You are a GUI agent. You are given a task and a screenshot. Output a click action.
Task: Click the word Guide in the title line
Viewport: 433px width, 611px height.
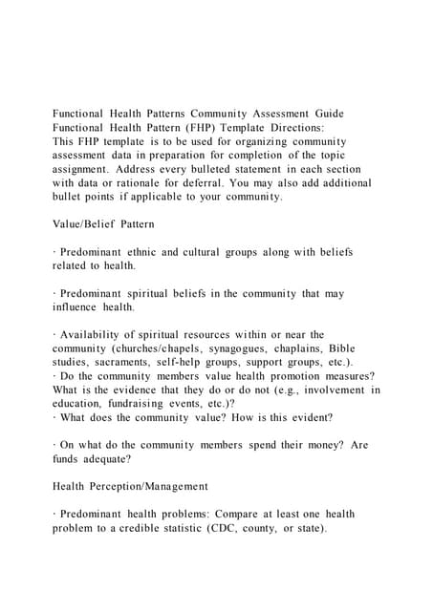pyautogui.click(x=323, y=114)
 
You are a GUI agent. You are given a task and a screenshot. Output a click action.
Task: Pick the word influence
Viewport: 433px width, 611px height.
pyautogui.click(x=77, y=307)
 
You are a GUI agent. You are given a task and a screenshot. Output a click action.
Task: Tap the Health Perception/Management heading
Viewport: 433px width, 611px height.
pyautogui.click(x=129, y=487)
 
